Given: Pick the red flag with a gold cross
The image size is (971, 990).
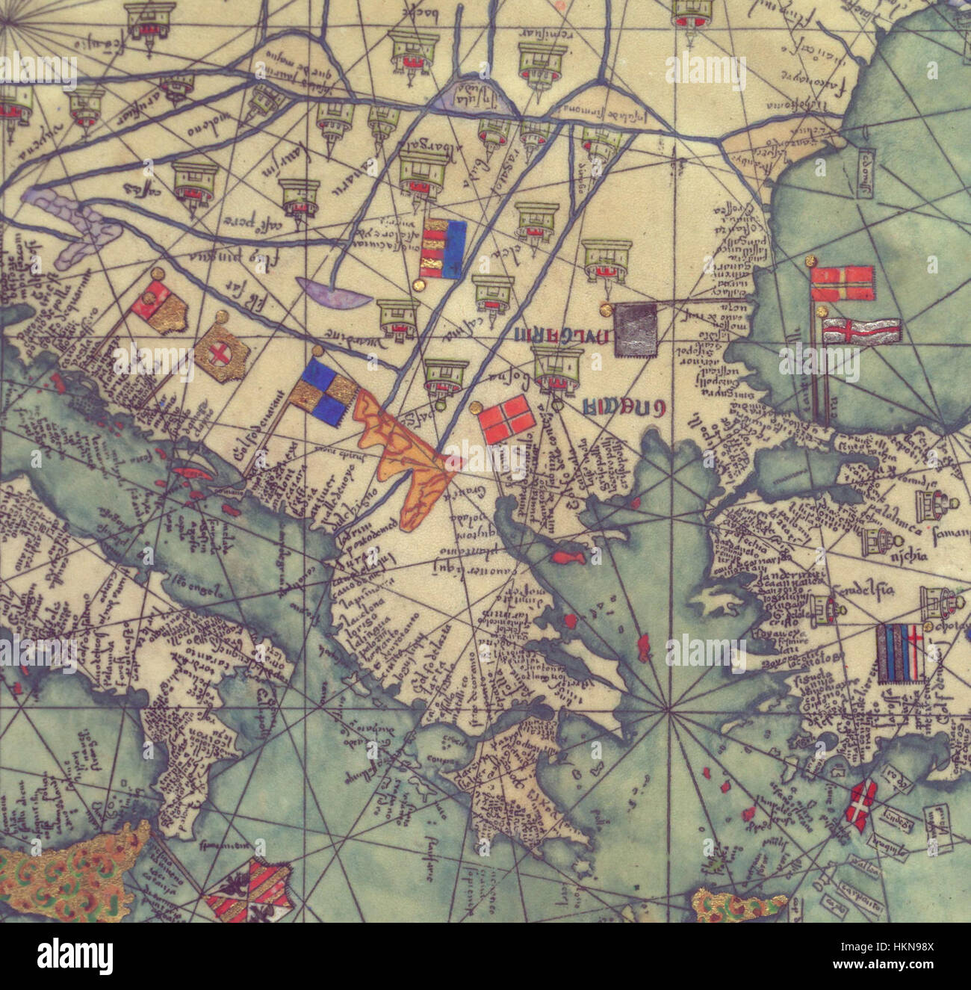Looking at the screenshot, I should coord(842,284).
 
